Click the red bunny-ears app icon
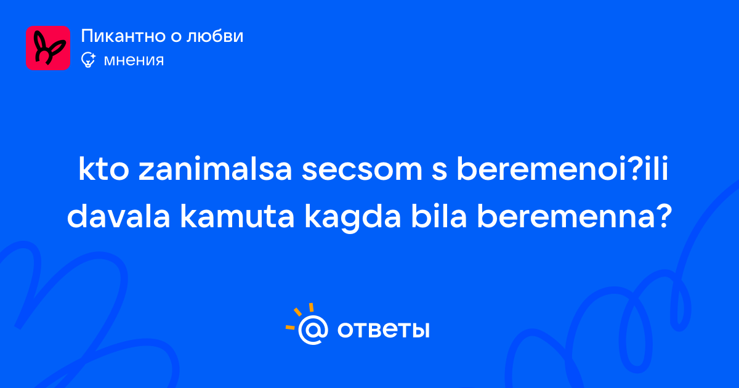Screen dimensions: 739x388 (x=48, y=48)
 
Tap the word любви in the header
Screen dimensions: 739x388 (x=215, y=36)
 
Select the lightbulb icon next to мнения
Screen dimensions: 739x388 (x=88, y=60)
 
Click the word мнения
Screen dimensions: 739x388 (x=134, y=60)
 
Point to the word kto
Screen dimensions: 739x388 (x=103, y=169)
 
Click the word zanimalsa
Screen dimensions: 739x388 (x=215, y=169)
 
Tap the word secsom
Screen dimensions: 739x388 (x=362, y=170)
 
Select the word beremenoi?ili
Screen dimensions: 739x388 (x=562, y=169)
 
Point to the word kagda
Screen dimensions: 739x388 (x=352, y=219)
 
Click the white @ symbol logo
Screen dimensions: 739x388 (x=313, y=329)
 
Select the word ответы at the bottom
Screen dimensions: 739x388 (x=383, y=330)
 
